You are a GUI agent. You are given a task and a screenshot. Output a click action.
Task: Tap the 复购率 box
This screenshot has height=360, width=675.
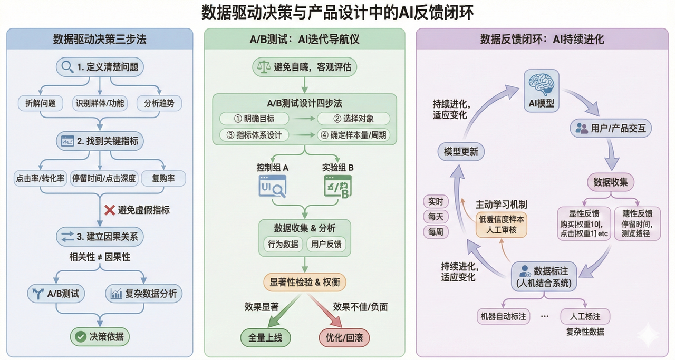point(163,178)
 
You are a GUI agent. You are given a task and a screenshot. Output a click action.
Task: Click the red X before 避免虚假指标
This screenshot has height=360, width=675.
point(110,210)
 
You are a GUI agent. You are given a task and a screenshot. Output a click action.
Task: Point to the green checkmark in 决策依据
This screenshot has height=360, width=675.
point(81,336)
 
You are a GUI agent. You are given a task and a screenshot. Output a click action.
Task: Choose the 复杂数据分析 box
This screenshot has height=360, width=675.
point(143,294)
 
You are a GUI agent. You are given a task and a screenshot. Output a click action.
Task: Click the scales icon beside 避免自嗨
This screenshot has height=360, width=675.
point(262,67)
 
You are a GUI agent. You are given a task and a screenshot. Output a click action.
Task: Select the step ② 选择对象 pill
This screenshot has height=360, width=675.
point(353,118)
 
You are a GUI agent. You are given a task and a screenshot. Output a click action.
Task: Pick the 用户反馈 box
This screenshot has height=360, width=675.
point(325,244)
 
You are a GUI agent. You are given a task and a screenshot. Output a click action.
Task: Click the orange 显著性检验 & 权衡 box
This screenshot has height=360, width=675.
point(305,282)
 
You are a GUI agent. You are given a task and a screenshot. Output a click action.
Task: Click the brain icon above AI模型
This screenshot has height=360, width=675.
point(542,84)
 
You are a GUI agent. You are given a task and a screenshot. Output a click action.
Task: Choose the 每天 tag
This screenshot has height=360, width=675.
point(436,216)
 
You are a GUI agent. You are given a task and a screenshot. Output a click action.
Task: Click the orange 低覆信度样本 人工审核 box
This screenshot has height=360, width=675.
point(501,225)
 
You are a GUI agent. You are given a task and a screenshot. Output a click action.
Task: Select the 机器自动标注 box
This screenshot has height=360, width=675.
point(502,316)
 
